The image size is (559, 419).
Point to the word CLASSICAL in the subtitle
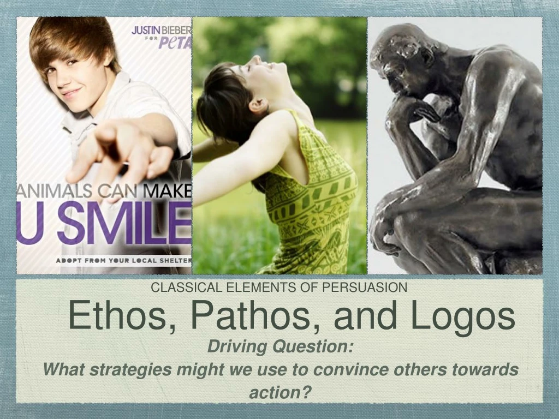point(182,288)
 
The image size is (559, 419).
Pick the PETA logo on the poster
point(174,42)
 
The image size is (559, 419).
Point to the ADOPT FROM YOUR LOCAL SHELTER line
point(123,261)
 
